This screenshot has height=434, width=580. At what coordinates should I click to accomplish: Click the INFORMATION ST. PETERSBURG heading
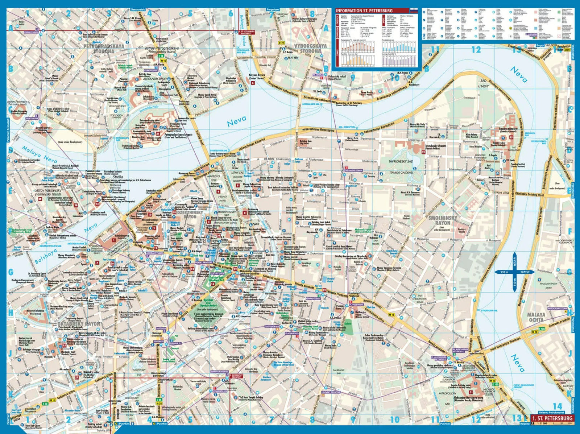pos(364,11)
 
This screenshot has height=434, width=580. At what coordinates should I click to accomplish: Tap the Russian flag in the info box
pos(414,11)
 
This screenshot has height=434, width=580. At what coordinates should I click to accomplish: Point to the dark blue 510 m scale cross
pos(515,272)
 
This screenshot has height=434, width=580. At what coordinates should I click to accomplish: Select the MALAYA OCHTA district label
pos(536,317)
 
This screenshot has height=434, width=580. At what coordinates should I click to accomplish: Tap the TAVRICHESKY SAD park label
pos(401,161)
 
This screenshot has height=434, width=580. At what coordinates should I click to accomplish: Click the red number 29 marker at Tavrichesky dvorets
pos(423,152)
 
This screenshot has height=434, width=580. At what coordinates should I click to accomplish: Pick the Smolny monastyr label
pos(508,129)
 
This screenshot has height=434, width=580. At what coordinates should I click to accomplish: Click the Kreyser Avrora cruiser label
pos(257,76)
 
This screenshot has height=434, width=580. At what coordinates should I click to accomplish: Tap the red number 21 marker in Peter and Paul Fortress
pos(158,133)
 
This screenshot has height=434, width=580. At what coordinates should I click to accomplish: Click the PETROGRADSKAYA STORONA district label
pos(104,49)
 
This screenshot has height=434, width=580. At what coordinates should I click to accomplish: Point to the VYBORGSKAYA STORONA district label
pos(310,48)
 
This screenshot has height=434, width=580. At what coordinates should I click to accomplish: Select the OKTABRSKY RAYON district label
pos(79,323)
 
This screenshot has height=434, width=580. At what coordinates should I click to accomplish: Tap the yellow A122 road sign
pos(281,43)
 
